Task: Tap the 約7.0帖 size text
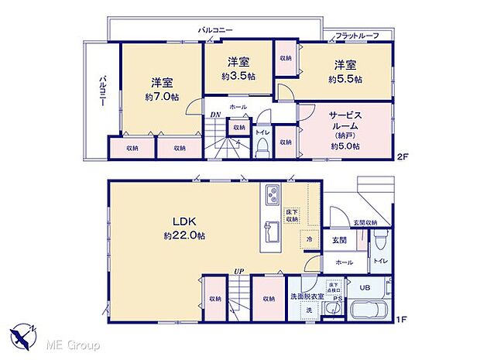[161, 97]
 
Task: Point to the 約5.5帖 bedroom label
[345, 79]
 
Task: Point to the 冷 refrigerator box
[308, 242]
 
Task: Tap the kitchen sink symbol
[272, 231]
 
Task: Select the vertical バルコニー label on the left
[101, 91]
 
